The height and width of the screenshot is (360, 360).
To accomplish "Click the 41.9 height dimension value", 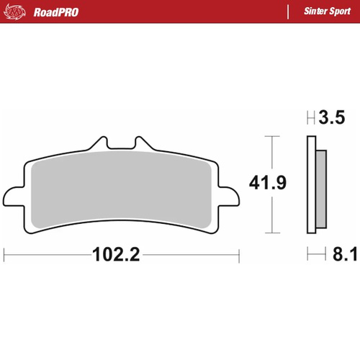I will (268, 184).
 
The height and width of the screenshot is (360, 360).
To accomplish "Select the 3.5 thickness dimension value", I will (333, 117).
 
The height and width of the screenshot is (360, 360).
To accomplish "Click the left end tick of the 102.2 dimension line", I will (5, 254).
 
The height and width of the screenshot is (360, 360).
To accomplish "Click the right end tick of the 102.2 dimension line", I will (238, 254).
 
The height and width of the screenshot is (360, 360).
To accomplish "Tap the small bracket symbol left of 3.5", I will (310, 117).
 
